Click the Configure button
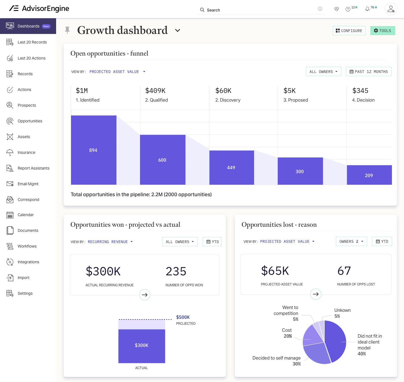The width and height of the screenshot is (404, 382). click(x=349, y=31)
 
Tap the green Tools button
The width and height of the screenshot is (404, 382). click(x=383, y=31)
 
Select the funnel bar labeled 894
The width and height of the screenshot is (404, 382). click(x=93, y=150)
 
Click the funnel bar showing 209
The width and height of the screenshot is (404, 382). click(x=369, y=175)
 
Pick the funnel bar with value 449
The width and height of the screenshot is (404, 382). click(x=231, y=168)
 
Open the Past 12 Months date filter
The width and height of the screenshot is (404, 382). click(x=368, y=72)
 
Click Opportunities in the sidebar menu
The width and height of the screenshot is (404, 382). click(x=30, y=121)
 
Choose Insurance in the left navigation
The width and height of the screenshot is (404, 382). click(x=26, y=152)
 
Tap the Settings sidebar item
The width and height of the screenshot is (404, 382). click(x=25, y=293)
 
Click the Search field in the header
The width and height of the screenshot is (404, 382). click(x=261, y=10)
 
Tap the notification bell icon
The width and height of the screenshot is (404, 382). click(x=367, y=9)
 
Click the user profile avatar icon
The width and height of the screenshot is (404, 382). click(x=391, y=9)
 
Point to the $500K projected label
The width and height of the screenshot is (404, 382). click(x=183, y=317)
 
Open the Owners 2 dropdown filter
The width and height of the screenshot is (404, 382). click(x=351, y=241)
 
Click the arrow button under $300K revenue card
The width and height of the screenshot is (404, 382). click(x=145, y=295)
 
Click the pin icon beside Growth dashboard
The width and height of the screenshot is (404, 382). click(x=67, y=30)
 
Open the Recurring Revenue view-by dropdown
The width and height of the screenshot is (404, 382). click(x=110, y=242)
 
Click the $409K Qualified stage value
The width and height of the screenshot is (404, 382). click(x=155, y=91)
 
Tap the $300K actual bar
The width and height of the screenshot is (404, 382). click(x=142, y=346)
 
